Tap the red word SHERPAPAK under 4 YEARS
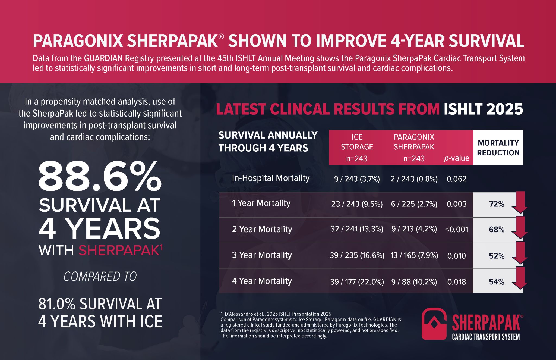119,250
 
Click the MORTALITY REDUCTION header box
498,148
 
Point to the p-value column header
457,158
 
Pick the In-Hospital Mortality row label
270,178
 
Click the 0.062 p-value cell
456,179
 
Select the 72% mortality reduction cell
497,204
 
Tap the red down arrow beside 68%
520,228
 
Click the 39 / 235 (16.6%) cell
357,255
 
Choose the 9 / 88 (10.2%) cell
414,282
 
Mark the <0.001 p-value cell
457,230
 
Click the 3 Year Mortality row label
262,255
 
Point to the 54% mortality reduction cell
497,282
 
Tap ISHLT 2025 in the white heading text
483,109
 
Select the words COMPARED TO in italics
100,277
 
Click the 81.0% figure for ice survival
57,304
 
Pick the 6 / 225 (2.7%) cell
414,204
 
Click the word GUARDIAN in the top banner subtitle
99,58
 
